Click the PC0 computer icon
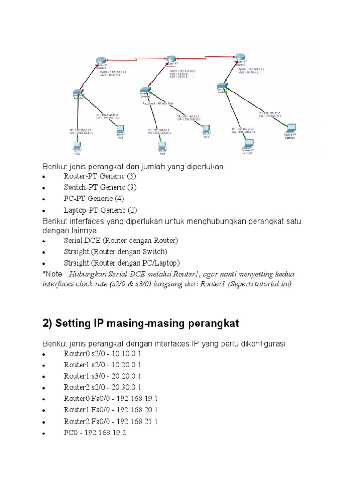point(77,145)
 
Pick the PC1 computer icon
point(120,129)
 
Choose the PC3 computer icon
point(206,128)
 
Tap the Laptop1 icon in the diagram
point(291,127)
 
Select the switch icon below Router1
point(146,90)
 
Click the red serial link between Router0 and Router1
point(137,59)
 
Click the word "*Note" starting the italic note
point(52,275)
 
